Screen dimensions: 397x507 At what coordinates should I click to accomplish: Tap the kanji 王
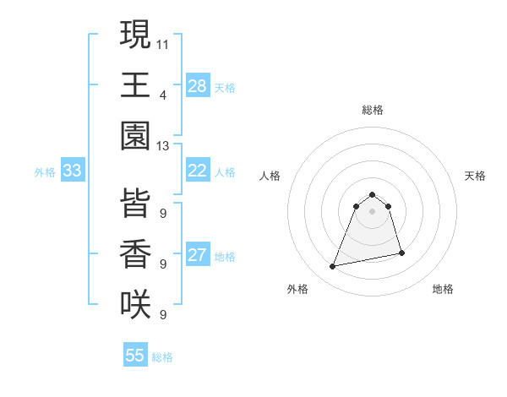[x=135, y=85]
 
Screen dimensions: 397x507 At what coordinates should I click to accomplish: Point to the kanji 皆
[x=135, y=204]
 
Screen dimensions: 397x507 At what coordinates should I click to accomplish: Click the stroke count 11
[x=163, y=43]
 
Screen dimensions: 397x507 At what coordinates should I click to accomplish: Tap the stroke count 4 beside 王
[x=163, y=95]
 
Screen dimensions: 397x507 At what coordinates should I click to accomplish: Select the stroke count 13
[x=163, y=146]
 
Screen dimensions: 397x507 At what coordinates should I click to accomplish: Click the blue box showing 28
[x=198, y=86]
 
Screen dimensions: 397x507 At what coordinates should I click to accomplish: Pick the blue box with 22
[x=198, y=171]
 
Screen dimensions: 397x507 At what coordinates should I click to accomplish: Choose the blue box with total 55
[x=135, y=356]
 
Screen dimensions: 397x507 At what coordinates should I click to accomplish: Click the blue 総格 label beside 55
[x=162, y=357]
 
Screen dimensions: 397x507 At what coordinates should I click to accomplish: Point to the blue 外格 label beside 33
[x=45, y=172]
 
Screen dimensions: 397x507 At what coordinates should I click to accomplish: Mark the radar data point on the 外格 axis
[x=333, y=267]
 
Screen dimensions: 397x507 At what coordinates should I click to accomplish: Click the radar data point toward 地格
[x=401, y=253]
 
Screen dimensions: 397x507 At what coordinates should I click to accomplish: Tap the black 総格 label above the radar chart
[x=373, y=110]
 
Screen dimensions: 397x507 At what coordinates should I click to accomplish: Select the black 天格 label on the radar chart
[x=476, y=176]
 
